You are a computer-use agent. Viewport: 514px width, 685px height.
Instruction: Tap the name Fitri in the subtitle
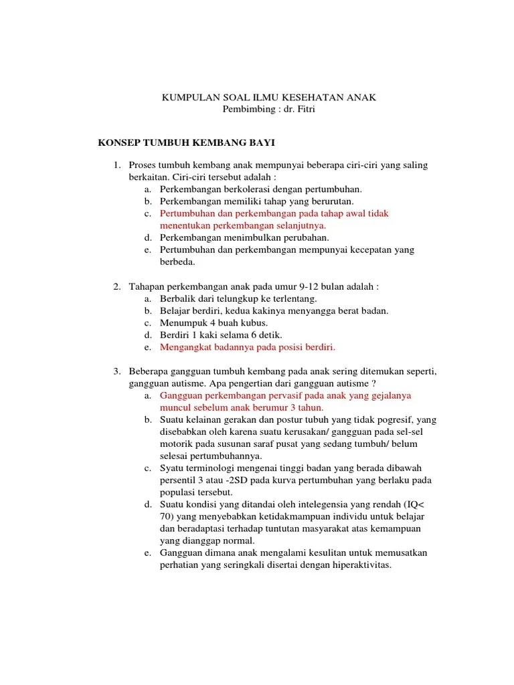point(301,110)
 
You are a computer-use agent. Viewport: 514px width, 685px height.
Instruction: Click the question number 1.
point(115,165)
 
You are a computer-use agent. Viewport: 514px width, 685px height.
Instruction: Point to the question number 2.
point(115,286)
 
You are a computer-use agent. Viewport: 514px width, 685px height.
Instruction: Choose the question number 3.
point(115,371)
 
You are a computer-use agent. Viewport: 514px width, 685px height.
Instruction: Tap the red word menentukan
point(184,225)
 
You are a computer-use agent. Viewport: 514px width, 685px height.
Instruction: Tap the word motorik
point(177,444)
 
